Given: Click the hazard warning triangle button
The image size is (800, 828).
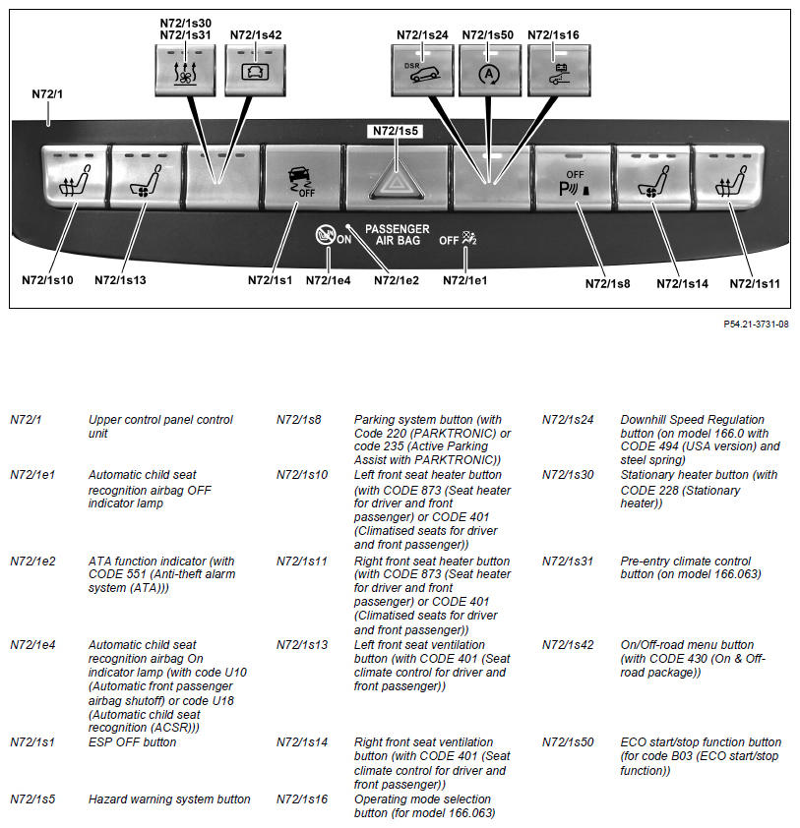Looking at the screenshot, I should [397, 177].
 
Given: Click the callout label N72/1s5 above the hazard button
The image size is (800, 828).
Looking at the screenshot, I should [397, 130].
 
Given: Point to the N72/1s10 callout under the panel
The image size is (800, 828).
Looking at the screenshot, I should [47, 280].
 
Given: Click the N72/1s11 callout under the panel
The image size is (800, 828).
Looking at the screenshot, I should [755, 283].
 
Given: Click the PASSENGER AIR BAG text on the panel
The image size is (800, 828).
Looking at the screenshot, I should [397, 234].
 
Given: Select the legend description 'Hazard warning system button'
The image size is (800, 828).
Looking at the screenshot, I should [169, 799].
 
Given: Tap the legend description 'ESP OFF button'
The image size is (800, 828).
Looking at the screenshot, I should [132, 742].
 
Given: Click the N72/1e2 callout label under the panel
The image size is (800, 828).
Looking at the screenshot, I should [397, 280].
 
